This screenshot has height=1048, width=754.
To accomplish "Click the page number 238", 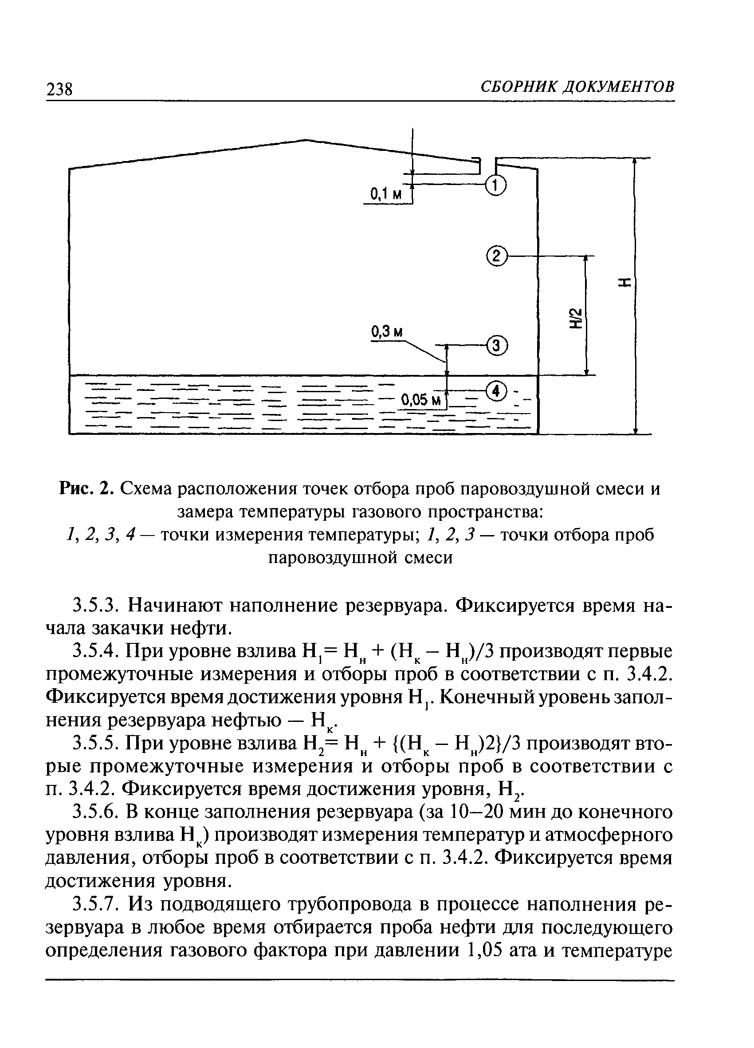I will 59,89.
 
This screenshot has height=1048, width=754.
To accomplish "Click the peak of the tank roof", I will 305,139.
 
